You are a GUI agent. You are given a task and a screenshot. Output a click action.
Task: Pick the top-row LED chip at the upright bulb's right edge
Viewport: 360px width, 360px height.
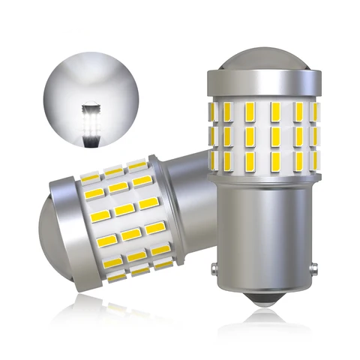[x=313, y=110]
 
